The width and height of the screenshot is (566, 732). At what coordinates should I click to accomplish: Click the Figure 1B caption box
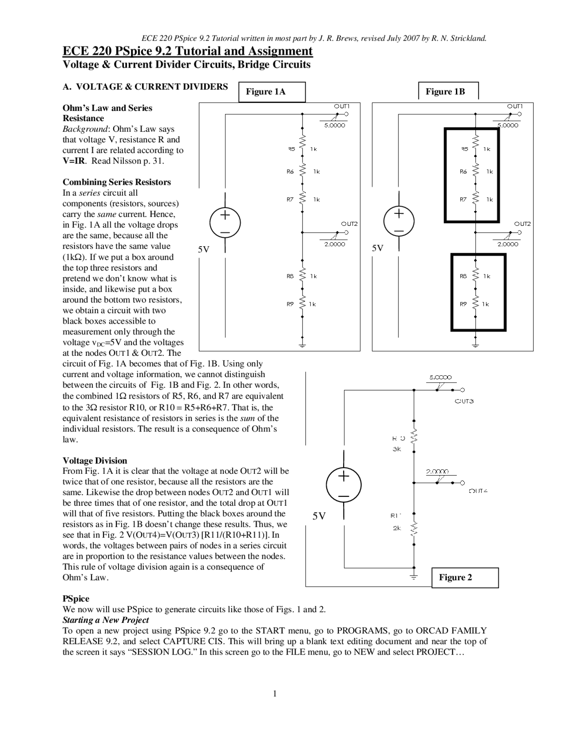point(448,91)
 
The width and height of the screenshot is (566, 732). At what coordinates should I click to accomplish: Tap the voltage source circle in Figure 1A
point(225,222)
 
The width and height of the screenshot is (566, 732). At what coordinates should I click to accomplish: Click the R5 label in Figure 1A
point(291,149)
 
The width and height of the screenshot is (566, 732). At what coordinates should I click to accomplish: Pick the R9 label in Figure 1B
point(463,304)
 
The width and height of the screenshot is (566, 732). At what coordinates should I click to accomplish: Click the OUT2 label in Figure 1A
point(349,224)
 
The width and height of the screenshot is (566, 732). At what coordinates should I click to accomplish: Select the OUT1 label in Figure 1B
point(515,106)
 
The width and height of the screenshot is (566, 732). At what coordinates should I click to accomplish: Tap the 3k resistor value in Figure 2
point(397,449)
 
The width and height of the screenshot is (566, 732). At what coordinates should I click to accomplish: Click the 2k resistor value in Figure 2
point(397,528)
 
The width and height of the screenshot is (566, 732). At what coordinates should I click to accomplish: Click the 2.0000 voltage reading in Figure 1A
point(335,244)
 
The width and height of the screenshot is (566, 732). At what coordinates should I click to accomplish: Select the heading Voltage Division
point(95,461)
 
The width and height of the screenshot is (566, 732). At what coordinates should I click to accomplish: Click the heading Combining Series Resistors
point(117,182)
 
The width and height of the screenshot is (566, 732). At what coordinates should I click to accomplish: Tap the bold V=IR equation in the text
point(74,161)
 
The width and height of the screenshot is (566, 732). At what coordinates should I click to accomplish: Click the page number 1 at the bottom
point(275,694)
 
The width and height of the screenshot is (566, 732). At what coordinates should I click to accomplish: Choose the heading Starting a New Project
point(106,620)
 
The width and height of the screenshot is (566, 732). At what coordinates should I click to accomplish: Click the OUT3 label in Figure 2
point(464,401)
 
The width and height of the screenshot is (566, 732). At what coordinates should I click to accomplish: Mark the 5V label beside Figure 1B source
point(378,248)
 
